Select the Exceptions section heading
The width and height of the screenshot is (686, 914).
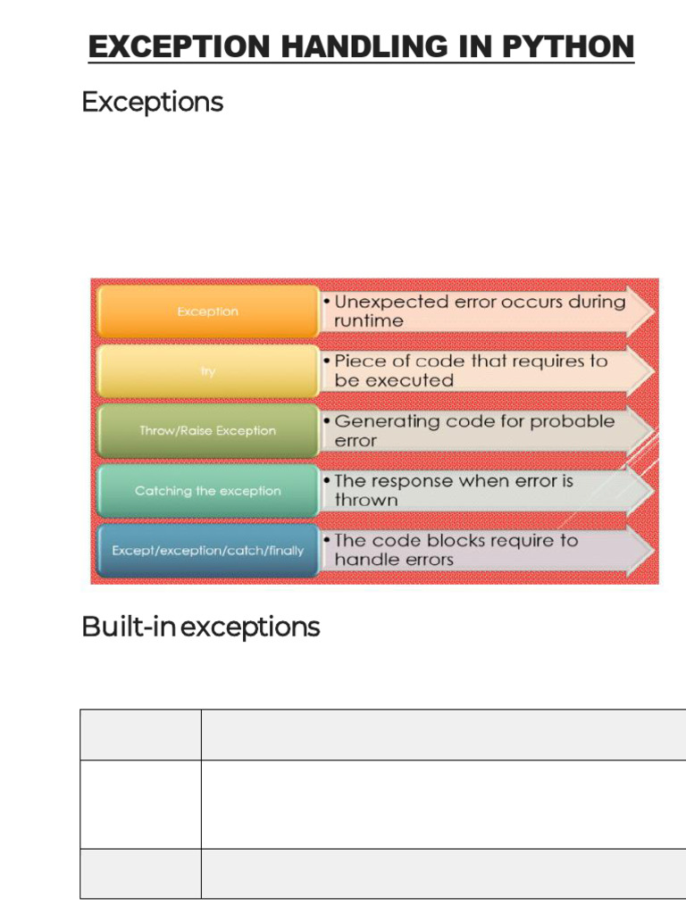(152, 102)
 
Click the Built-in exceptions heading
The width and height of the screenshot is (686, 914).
(200, 627)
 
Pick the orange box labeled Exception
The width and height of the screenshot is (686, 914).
(207, 312)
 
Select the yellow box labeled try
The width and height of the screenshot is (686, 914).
(207, 371)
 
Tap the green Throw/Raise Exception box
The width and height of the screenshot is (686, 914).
(207, 430)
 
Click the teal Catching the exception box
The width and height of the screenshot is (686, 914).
(207, 491)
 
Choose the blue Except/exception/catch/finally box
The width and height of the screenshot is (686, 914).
(207, 551)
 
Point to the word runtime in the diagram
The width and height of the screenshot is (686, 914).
(368, 321)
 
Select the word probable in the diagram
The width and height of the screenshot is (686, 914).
(573, 421)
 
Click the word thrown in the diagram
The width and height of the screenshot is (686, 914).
(365, 501)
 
